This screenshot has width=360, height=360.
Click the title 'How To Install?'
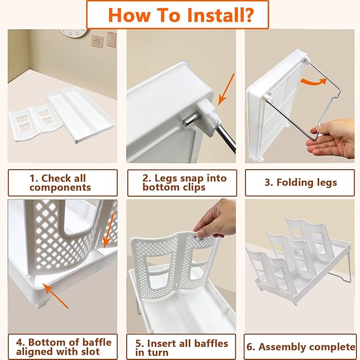click(181, 15)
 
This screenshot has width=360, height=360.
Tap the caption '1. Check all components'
click(60, 183)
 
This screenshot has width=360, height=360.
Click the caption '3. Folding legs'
click(301, 182)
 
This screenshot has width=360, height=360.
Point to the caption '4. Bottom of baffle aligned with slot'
click(64, 347)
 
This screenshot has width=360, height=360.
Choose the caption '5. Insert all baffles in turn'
click(182, 348)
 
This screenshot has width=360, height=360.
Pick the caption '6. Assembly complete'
click(301, 347)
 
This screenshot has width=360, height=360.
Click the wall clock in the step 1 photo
click(74, 32)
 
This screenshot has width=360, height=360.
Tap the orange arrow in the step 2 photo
click(226, 89)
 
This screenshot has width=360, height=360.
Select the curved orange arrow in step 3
click(314, 82)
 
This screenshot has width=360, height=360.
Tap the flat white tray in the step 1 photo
click(81, 115)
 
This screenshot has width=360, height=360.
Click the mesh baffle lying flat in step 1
click(34, 122)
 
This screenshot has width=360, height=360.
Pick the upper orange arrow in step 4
click(109, 231)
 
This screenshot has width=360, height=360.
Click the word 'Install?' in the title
click(221, 15)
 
